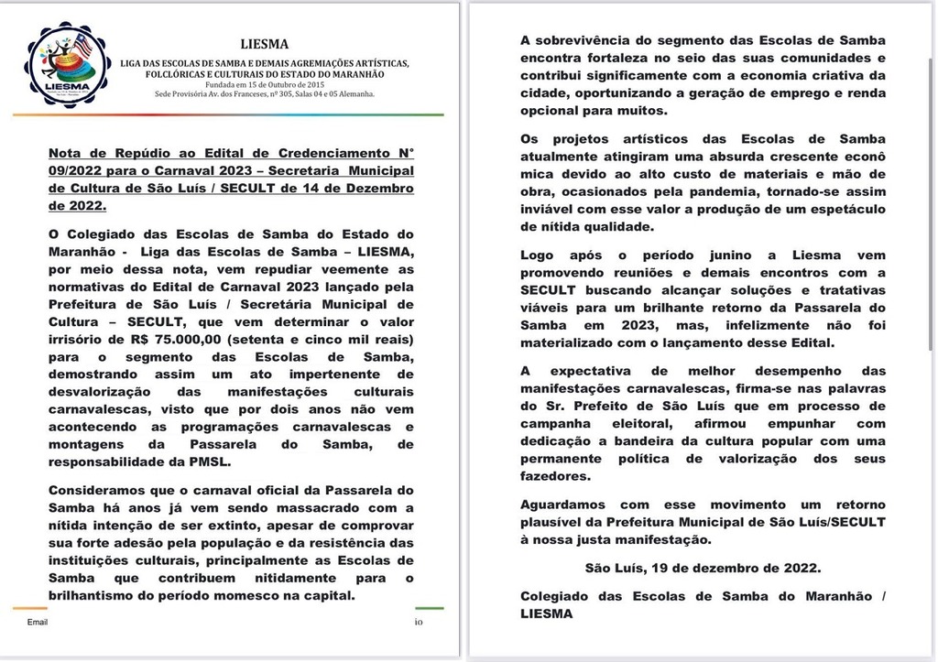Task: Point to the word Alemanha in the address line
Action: [352, 94]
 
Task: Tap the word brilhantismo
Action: [101, 596]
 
